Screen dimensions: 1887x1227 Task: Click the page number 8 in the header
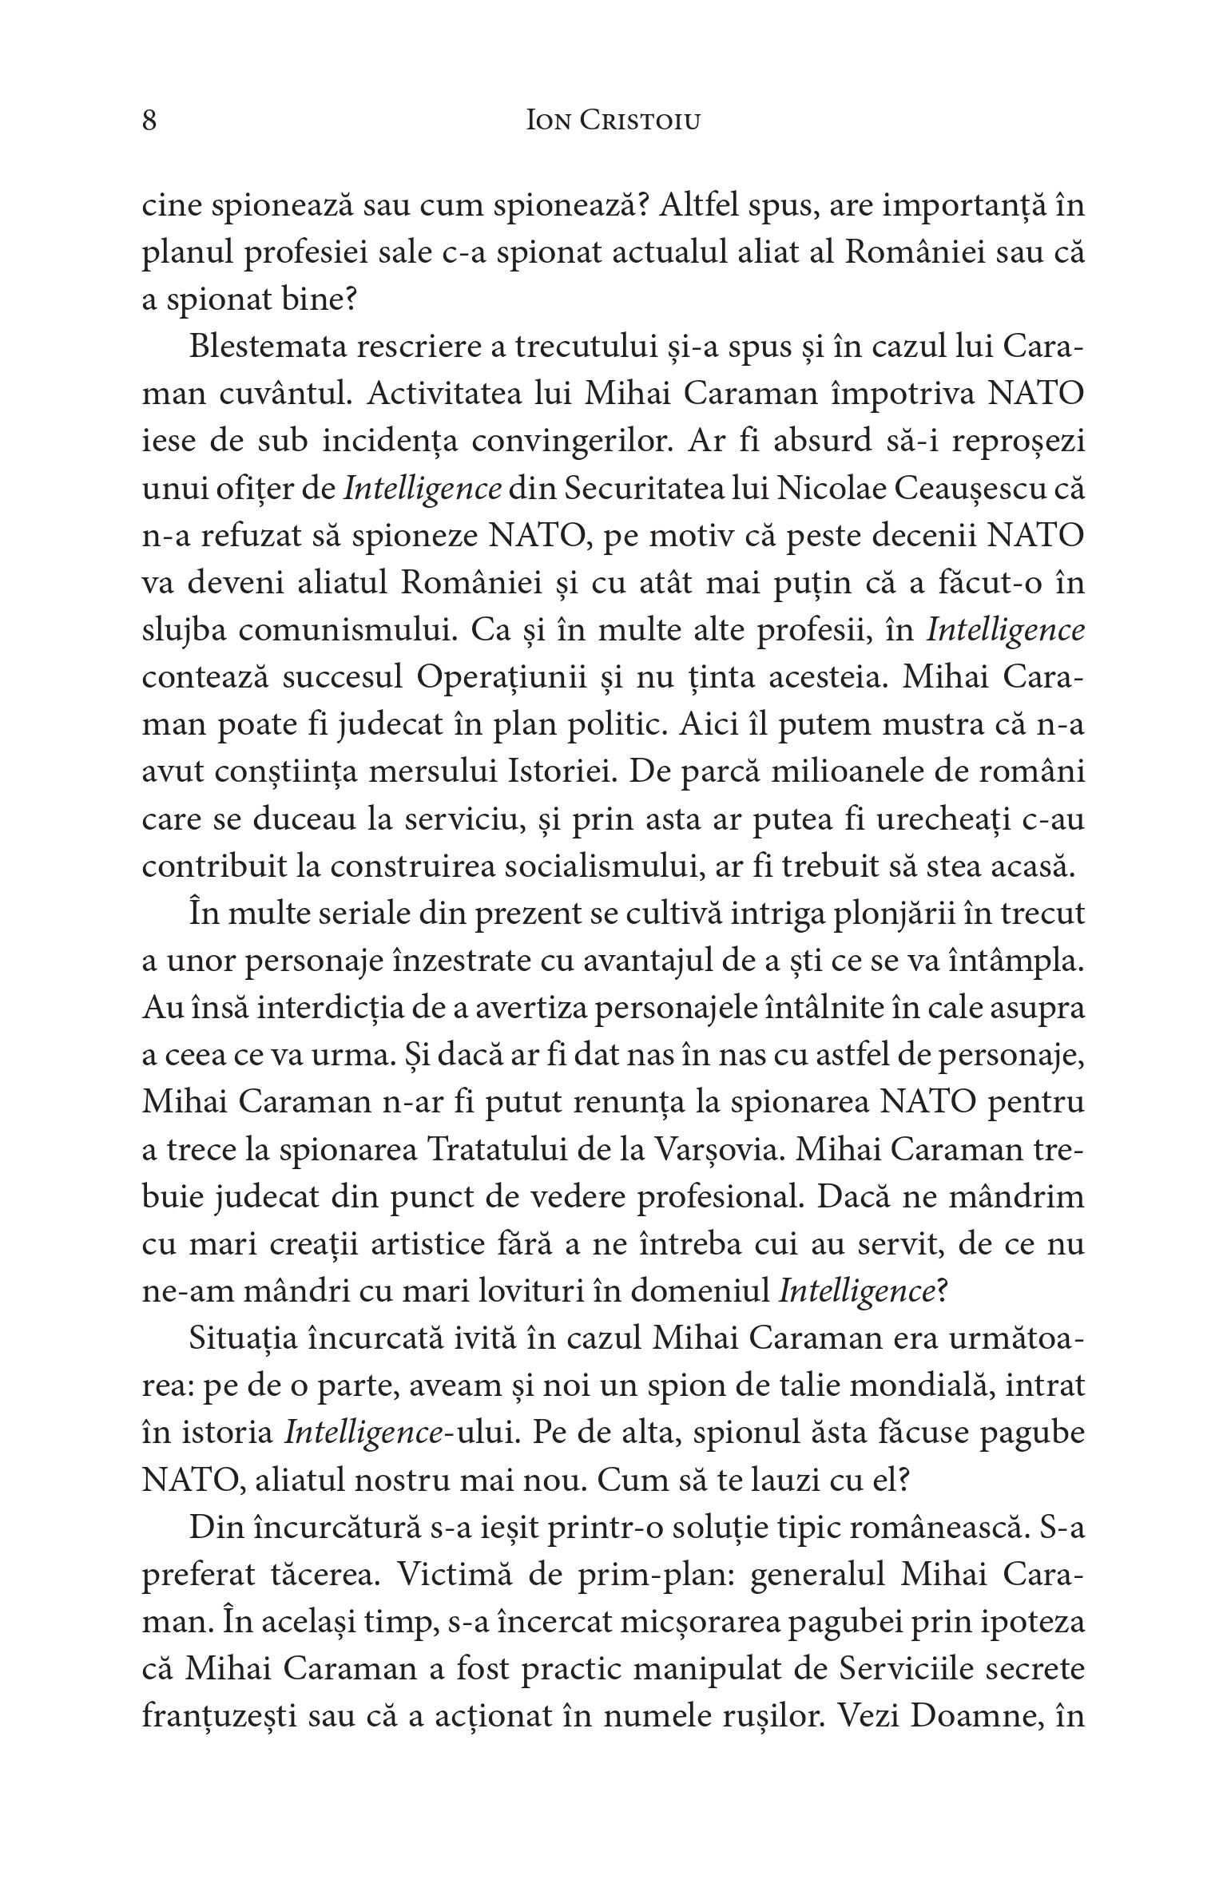pos(149,121)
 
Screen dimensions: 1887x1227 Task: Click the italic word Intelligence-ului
pos(397,1433)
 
